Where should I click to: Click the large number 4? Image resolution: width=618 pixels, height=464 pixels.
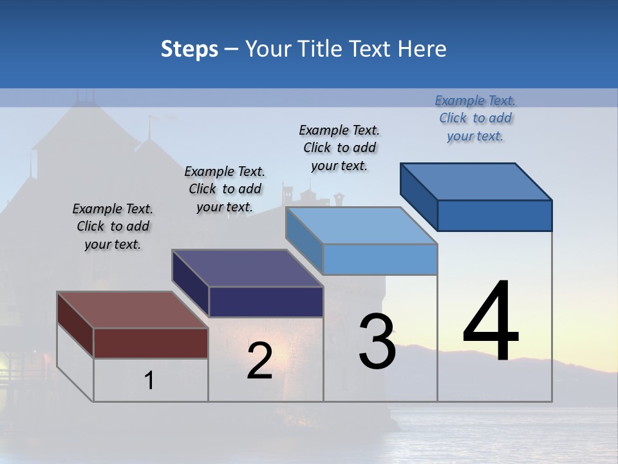click(x=491, y=323)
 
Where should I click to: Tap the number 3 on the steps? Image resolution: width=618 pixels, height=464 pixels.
click(x=377, y=341)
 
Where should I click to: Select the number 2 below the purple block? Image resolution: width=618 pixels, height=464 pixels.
click(x=259, y=361)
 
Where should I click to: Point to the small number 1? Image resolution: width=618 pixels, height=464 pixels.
click(x=149, y=381)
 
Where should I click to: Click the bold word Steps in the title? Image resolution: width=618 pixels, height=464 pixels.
click(x=189, y=49)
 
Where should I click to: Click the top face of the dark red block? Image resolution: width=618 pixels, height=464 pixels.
click(x=132, y=310)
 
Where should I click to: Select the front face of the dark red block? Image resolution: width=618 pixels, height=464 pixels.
click(x=151, y=343)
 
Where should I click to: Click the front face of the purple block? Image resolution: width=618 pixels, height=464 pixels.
click(x=266, y=302)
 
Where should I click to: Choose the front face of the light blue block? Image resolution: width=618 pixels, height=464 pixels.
click(x=380, y=260)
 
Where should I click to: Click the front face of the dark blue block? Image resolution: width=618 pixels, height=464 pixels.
click(x=494, y=215)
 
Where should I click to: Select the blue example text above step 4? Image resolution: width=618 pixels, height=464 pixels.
click(x=475, y=119)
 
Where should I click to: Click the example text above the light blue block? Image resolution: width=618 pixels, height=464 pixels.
click(x=339, y=148)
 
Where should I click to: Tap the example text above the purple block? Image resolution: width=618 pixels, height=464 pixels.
click(x=225, y=189)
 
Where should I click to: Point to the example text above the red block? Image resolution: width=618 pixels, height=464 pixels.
click(x=113, y=226)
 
